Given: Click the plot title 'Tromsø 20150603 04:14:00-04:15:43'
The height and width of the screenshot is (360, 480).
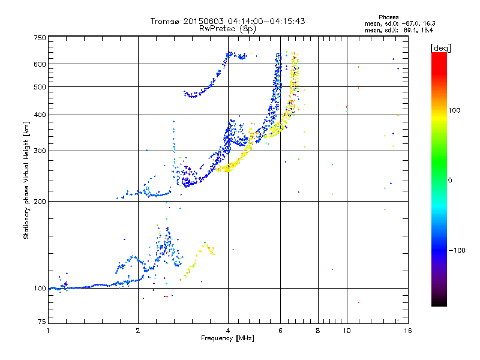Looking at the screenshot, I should tap(227, 21).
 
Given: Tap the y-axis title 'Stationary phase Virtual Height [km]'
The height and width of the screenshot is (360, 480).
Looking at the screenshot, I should tap(26, 180).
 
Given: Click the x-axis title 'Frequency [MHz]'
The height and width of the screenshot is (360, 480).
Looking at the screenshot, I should tap(227, 338).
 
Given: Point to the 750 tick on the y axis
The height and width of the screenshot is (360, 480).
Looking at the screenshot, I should tap(40, 38).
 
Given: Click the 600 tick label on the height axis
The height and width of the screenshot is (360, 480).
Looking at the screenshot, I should tap(40, 64).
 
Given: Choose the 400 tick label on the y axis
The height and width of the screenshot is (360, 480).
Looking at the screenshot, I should tap(40, 115).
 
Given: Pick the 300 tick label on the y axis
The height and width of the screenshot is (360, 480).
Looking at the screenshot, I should tap(40, 151).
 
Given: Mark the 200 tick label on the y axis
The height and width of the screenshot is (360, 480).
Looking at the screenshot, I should tap(40, 201).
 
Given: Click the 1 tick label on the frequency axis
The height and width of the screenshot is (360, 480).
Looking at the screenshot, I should tap(49, 331).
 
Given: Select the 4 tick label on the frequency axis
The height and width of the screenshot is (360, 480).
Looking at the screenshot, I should tap(228, 331).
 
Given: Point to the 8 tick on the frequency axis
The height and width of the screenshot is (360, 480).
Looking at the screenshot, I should tap(318, 331).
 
